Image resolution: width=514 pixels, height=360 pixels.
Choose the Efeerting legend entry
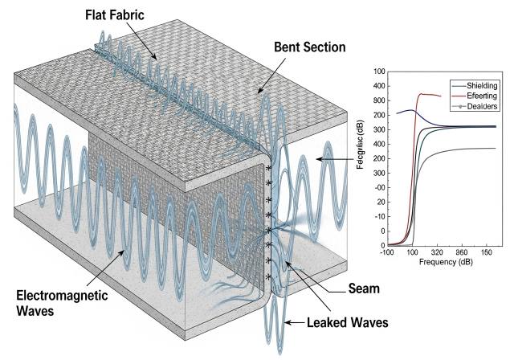pos(479,94)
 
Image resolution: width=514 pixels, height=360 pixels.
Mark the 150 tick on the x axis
pos(487,252)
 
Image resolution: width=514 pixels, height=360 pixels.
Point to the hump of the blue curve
pos(410,110)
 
